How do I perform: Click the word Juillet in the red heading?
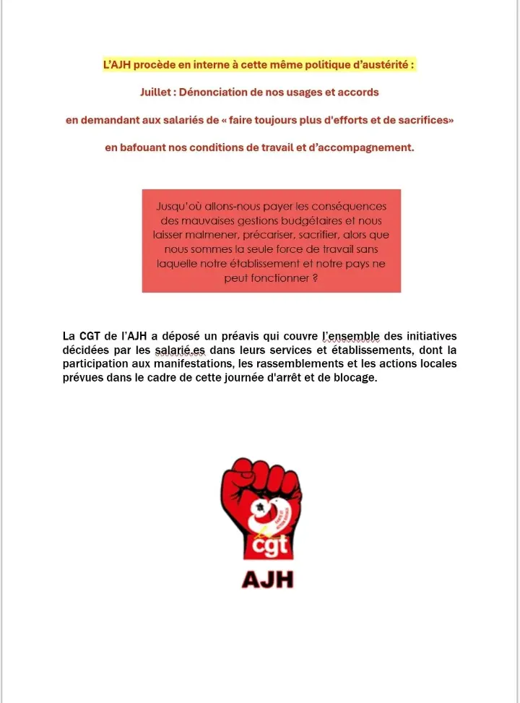pyautogui.click(x=157, y=92)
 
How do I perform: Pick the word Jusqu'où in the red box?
pyautogui.click(x=178, y=207)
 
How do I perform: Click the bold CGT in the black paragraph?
pyautogui.click(x=90, y=337)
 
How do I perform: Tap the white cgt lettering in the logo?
pyautogui.click(x=269, y=543)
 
